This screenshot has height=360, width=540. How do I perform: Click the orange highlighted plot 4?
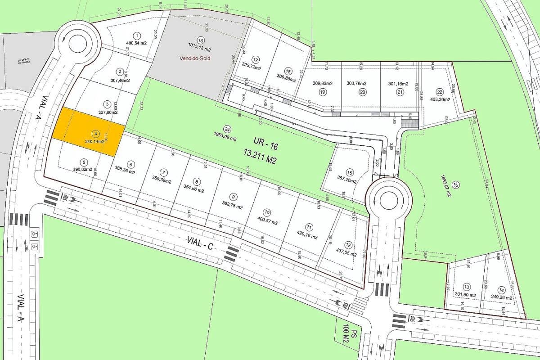pos(88,131)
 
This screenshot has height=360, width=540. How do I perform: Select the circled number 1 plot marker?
pos(137,35)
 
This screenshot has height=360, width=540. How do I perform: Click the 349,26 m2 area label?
pos(502,297)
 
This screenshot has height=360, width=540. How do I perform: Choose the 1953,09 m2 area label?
pos(225,138)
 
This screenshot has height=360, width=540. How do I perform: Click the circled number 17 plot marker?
pos(256,59)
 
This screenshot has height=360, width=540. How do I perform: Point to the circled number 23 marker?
pos(456,185)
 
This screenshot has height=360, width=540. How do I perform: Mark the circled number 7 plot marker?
pos(164,172)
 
